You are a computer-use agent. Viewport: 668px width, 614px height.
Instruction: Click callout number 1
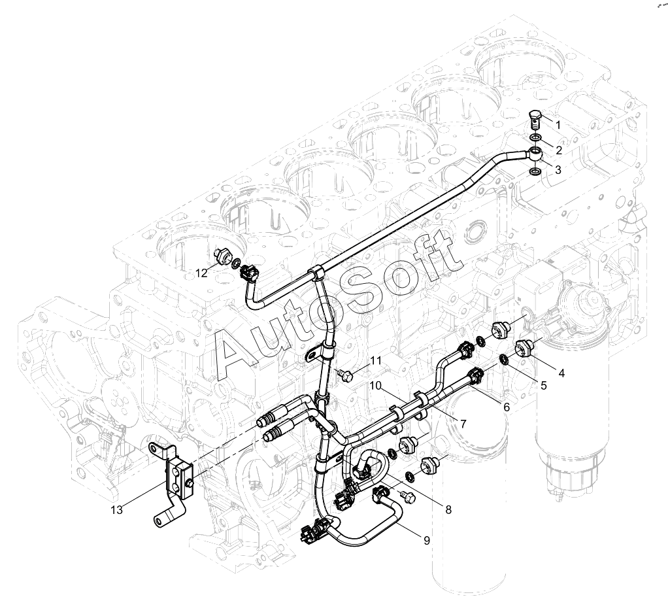(558, 124)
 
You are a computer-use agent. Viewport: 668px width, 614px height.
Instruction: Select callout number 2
(558, 150)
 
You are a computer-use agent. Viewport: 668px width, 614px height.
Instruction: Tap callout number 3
(558, 170)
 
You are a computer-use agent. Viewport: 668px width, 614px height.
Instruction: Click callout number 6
(506, 406)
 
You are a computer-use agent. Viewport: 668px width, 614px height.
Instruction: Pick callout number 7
(463, 424)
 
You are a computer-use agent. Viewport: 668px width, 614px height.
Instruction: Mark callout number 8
(448, 509)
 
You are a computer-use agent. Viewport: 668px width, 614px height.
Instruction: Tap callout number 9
(426, 540)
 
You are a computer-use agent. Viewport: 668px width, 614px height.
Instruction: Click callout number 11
(375, 360)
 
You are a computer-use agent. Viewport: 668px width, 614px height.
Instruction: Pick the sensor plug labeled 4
(526, 347)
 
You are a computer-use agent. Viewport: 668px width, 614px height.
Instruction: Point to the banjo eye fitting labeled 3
(535, 154)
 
